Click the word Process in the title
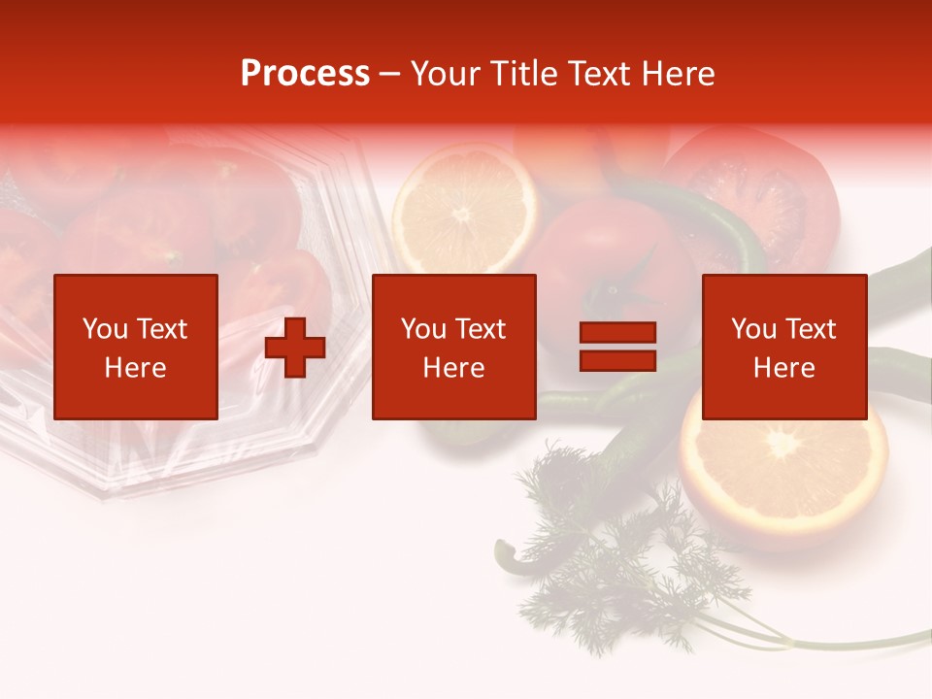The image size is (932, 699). pyautogui.click(x=305, y=74)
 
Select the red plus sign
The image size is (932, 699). pyautogui.click(x=295, y=348)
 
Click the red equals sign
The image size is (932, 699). pyautogui.click(x=617, y=347)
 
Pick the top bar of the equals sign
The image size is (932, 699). pyautogui.click(x=617, y=333)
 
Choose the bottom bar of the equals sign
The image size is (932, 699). pyautogui.click(x=617, y=360)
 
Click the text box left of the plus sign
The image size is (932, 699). pyautogui.click(x=136, y=347)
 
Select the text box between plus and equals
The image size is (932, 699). pyautogui.click(x=453, y=347)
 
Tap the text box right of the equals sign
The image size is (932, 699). pyautogui.click(x=784, y=347)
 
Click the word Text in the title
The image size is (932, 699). pyautogui.click(x=596, y=74)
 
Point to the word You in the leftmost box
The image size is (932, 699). pyautogui.click(x=105, y=329)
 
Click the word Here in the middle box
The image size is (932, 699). pyautogui.click(x=453, y=368)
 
